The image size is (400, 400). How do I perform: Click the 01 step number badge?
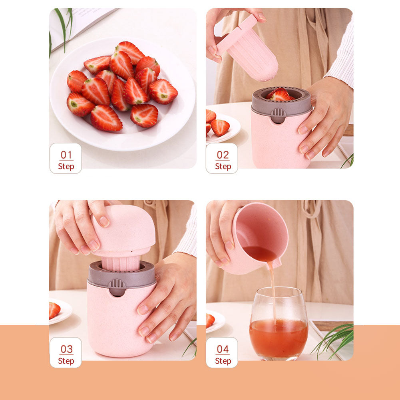point(66,159)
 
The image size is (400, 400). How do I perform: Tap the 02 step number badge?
point(222,159)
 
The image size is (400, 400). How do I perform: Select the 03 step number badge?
point(66,353)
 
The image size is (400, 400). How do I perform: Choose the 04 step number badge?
point(222,353)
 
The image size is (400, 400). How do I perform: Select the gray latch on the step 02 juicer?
point(278,115)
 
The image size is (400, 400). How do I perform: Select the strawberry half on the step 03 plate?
point(54,310)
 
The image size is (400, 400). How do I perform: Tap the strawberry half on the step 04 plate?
point(210,320)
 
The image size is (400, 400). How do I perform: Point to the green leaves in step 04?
point(336,338)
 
